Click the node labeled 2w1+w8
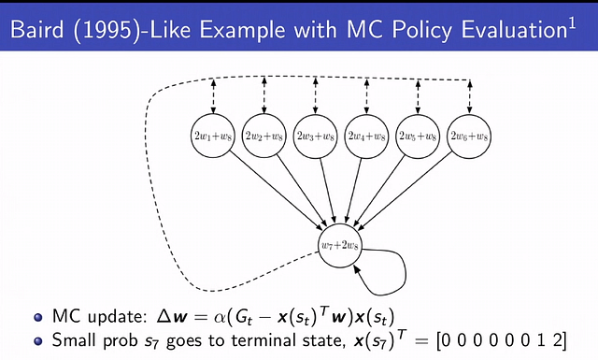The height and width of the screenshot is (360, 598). click(x=212, y=137)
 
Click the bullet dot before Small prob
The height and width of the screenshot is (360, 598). click(x=36, y=336)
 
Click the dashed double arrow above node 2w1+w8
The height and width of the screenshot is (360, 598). click(x=212, y=94)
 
